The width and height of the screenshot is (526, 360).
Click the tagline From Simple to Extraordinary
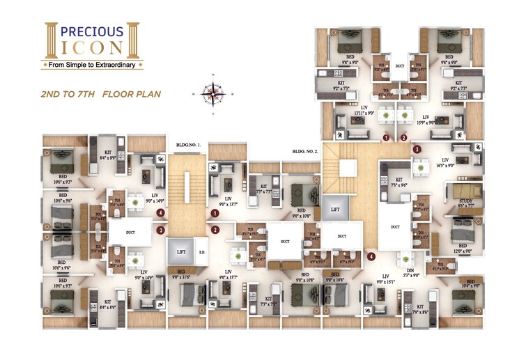click(93, 65)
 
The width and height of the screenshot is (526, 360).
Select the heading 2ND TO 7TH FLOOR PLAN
click(102, 93)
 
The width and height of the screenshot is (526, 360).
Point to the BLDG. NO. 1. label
click(188, 145)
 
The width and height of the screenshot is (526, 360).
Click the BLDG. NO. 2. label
click(305, 150)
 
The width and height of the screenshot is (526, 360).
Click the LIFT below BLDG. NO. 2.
click(335, 208)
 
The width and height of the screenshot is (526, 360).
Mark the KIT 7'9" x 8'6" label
click(421, 308)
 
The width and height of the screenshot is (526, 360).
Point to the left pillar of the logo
click(50, 41)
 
